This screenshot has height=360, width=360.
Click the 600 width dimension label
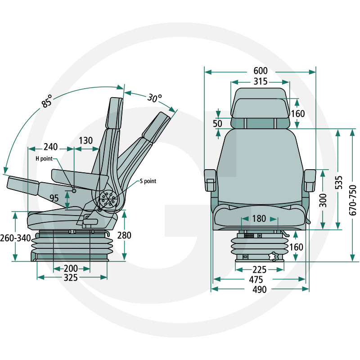pos(261,71)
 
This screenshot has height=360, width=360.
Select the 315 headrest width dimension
pos(260,81)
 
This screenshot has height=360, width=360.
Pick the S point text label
pos(148,181)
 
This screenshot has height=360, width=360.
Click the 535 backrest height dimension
pos(339,181)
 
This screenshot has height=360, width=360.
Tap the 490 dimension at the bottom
pos(260,289)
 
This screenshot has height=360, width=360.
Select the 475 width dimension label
pos(260,279)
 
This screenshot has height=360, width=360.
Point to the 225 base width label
pos(260,270)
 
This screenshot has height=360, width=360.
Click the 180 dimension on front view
pos(259,219)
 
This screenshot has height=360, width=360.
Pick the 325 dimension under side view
pos(71,278)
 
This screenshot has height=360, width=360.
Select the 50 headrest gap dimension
pos(217,123)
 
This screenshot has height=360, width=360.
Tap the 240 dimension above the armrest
pos(51,147)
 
